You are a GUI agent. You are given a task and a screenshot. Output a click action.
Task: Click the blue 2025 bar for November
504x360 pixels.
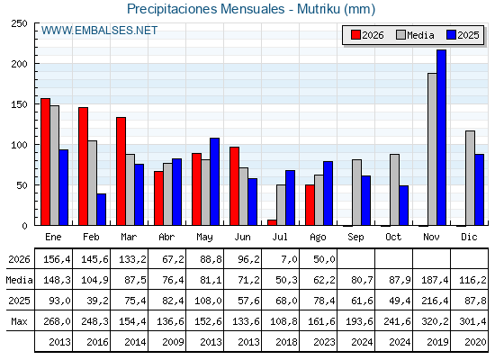click(x=441, y=138)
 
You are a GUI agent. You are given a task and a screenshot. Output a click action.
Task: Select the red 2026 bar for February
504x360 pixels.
click(x=83, y=166)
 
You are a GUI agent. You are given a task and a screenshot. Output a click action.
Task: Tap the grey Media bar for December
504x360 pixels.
click(x=470, y=178)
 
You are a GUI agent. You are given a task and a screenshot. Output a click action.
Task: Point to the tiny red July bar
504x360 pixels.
click(x=272, y=222)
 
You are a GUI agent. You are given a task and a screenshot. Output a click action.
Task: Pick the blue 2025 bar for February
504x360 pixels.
click(x=101, y=210)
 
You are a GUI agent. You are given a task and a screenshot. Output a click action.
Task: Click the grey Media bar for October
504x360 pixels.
click(x=395, y=190)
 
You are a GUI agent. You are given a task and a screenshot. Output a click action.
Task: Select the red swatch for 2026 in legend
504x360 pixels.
click(x=355, y=35)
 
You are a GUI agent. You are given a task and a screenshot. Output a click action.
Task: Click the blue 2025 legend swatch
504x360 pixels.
click(x=451, y=35)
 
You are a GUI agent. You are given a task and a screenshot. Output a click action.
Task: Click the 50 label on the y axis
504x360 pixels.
click(x=22, y=185)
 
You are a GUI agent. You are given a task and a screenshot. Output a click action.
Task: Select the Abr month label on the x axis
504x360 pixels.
click(x=166, y=237)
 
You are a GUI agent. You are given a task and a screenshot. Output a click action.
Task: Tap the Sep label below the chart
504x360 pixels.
click(x=355, y=238)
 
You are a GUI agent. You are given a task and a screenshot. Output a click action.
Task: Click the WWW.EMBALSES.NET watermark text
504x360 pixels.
click(x=99, y=31)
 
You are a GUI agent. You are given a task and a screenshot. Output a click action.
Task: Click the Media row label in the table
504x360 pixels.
click(x=19, y=280)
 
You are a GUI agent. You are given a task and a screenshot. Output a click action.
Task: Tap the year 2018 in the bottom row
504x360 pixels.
click(x=286, y=342)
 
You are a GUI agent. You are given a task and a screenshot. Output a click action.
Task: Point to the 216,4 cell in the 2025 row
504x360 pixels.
click(x=435, y=301)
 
